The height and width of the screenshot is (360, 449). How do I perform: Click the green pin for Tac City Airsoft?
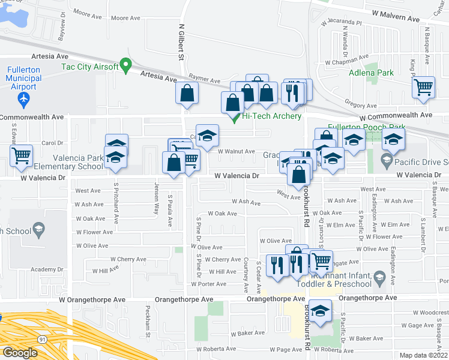click(x=125, y=65)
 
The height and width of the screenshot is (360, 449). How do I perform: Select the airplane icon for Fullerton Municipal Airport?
click(x=23, y=98)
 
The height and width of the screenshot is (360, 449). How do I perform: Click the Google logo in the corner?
click(x=20, y=353)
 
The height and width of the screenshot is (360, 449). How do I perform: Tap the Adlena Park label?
click(x=372, y=73)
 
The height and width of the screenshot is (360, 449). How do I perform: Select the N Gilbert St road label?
click(x=180, y=42)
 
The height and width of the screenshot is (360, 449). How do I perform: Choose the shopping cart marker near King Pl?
click(x=424, y=88)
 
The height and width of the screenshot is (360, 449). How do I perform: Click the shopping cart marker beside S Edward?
click(x=21, y=156)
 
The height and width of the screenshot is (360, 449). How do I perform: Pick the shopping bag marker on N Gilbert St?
click(x=187, y=94)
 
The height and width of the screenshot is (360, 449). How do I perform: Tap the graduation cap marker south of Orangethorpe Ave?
click(x=321, y=312)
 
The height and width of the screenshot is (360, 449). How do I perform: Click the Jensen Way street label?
click(x=157, y=199)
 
